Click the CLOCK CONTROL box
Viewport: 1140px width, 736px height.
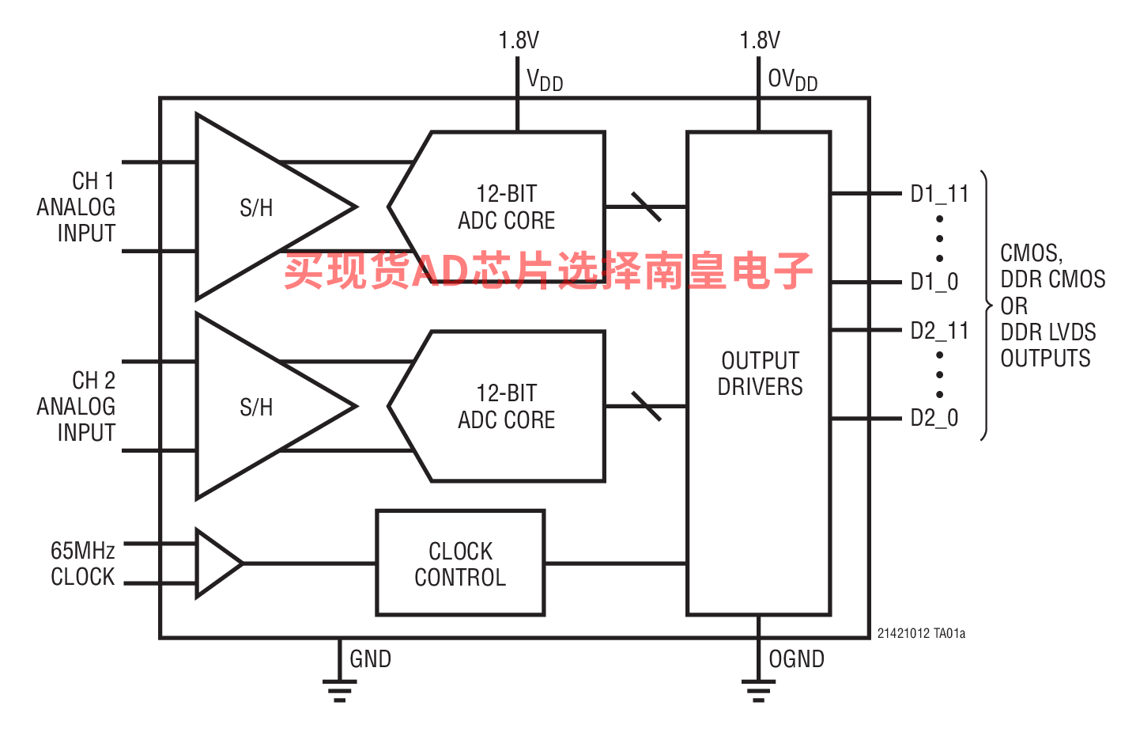pos(460,563)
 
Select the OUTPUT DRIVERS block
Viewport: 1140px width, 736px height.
pos(759,374)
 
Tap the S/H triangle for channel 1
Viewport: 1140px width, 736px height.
pos(257,207)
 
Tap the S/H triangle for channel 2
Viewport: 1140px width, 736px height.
pos(257,407)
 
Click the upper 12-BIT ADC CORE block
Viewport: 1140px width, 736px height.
pos(506,207)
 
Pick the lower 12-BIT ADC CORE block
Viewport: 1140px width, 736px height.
pos(506,407)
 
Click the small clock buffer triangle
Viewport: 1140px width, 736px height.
pos(215,563)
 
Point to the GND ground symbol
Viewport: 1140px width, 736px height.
pos(339,690)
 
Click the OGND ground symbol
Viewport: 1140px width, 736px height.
pos(758,690)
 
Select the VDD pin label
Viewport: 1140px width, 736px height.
pos(545,80)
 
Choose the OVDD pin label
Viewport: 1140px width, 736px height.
pos(792,80)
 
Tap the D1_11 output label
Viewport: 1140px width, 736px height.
pos(939,194)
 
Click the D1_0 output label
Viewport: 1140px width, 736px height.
pos(934,282)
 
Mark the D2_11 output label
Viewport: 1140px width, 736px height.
pos(939,331)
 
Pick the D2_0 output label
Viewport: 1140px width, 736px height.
pos(934,418)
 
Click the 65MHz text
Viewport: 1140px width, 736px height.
pos(83,550)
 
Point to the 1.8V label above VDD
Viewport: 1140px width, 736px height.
pos(519,40)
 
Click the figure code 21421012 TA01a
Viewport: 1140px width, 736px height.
pos(921,633)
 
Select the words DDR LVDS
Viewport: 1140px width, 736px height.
pos(1048,332)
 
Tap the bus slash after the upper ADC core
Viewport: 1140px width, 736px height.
pos(647,207)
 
